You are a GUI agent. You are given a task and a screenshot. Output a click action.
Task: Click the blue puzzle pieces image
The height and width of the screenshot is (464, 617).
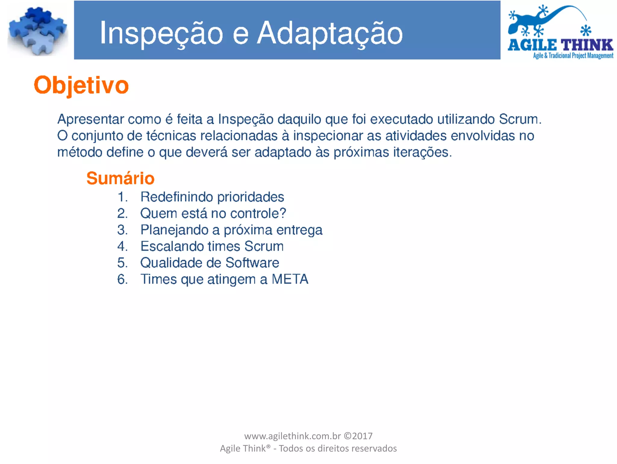(38, 31)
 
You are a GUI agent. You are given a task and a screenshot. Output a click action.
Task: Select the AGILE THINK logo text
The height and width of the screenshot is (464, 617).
(560, 45)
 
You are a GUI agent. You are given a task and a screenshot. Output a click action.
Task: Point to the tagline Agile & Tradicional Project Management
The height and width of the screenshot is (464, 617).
(573, 56)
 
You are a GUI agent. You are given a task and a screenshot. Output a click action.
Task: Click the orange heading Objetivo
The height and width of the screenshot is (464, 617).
(81, 86)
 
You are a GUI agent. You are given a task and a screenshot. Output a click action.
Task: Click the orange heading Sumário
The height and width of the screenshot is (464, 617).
(120, 178)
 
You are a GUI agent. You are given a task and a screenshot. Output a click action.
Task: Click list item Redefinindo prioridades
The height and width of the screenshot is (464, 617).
(212, 197)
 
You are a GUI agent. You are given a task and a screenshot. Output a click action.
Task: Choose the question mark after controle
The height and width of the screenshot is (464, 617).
(283, 213)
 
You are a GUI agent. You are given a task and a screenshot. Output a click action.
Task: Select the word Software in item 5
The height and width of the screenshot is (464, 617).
(252, 263)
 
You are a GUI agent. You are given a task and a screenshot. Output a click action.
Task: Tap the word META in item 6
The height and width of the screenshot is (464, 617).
(290, 279)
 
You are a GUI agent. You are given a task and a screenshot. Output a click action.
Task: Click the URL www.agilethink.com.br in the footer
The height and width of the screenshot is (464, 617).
(292, 436)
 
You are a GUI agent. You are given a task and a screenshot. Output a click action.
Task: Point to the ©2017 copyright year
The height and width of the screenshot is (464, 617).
(358, 436)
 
